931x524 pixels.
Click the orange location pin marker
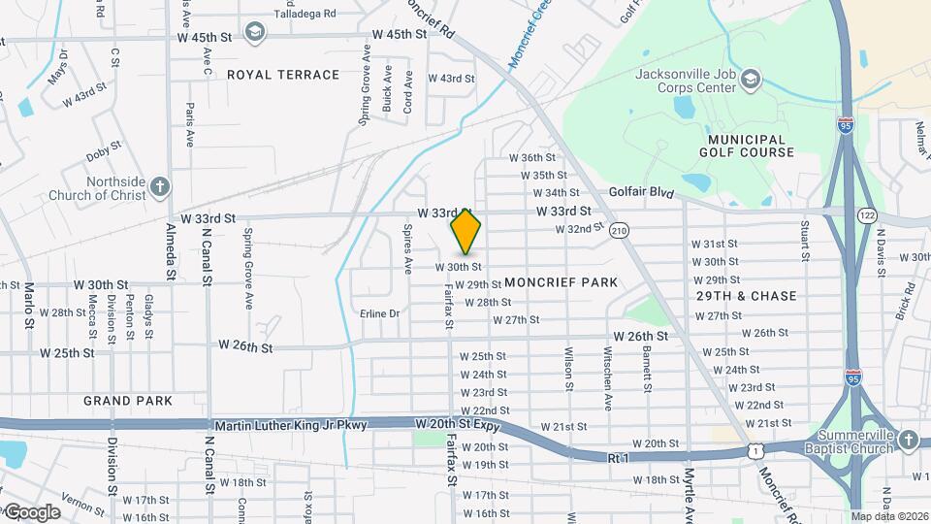point(465,231)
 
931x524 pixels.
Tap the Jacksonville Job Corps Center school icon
point(751,78)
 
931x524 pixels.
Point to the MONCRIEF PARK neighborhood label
point(561,282)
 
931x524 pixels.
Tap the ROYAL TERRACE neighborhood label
point(283,75)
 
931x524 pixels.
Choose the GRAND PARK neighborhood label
point(128,401)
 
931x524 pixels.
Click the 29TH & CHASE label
point(747,296)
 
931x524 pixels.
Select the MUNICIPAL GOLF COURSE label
point(745,146)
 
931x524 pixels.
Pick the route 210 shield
point(620,230)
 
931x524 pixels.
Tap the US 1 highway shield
point(754,451)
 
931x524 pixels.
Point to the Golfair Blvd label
point(641,193)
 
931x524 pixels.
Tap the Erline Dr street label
point(379,313)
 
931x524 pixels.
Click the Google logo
point(32,511)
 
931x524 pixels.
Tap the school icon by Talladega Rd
point(255,33)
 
